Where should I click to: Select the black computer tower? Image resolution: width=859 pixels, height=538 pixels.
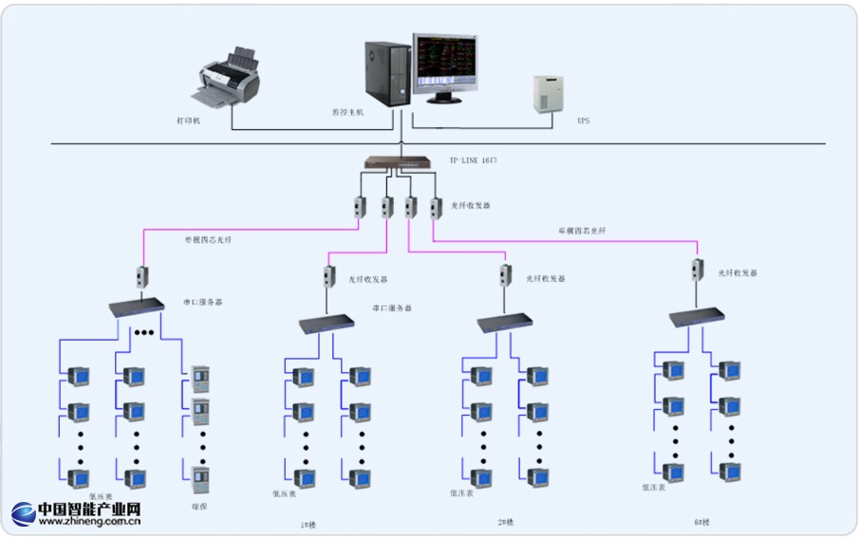tap(388, 73)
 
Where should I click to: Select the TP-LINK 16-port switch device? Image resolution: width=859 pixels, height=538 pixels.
tap(398, 161)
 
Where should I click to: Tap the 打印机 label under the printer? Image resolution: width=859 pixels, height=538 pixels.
tap(190, 121)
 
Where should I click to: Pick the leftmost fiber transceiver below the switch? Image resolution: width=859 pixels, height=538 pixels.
tap(361, 207)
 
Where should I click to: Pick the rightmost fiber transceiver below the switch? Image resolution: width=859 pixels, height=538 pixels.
tap(436, 207)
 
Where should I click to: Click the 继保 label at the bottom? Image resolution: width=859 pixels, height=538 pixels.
tap(199, 506)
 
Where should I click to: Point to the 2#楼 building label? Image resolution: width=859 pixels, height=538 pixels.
tap(506, 522)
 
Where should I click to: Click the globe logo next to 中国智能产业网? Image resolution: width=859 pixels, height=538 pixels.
tap(24, 513)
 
